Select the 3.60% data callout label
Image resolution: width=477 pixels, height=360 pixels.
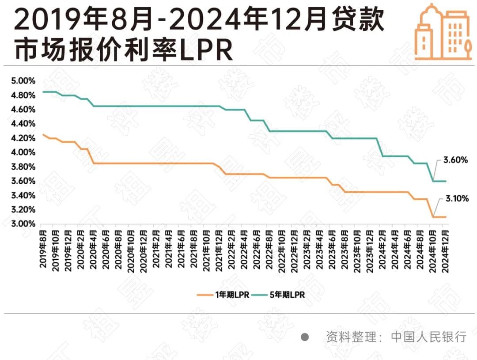tap(455, 160)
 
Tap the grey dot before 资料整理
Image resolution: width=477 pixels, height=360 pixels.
tap(304, 337)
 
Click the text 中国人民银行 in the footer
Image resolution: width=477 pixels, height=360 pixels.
tap(428, 337)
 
